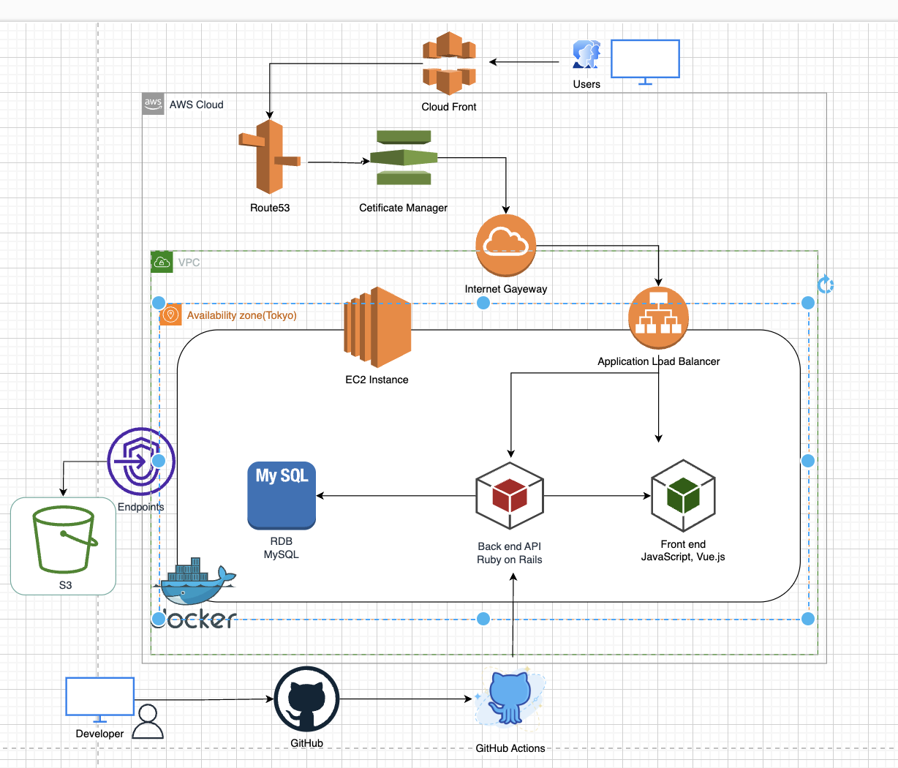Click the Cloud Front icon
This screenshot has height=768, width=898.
(449, 63)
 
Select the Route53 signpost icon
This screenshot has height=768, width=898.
(268, 157)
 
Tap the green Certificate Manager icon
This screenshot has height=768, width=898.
(404, 157)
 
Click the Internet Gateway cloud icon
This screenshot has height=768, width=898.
(506, 245)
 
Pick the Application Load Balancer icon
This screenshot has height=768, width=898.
(658, 317)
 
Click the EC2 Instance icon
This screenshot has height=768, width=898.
(377, 327)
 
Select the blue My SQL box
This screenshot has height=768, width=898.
(282, 495)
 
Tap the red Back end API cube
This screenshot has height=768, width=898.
(510, 495)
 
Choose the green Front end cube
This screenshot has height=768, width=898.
(683, 495)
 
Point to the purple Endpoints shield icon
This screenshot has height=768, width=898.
(140, 462)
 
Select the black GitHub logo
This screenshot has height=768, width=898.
(306, 699)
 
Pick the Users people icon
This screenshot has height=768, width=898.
(586, 56)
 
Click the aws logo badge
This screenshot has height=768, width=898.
(153, 104)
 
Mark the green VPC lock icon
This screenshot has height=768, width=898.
(162, 262)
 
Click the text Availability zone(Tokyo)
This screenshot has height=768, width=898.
(241, 315)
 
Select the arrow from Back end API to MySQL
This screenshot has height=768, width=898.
(395, 496)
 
